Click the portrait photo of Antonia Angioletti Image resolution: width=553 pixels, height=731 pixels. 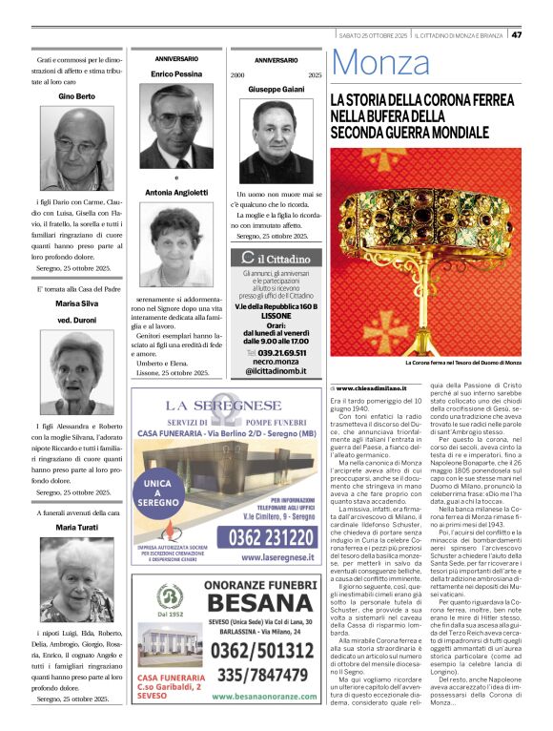pyautogui.click(x=176, y=245)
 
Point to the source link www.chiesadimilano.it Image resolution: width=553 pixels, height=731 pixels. pyautogui.click(x=371, y=388)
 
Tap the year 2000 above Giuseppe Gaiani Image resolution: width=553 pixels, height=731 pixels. pyautogui.click(x=237, y=74)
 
